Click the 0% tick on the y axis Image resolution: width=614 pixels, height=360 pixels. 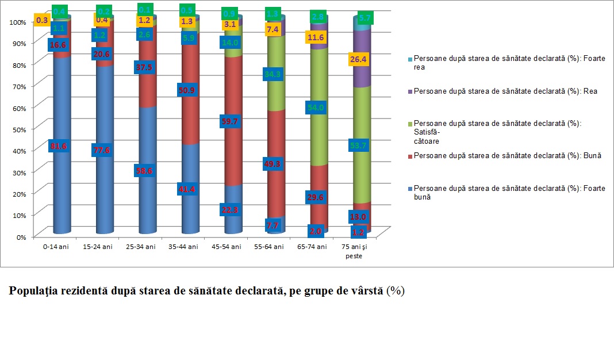[x=21, y=236]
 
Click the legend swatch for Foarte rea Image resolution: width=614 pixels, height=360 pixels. [x=409, y=59]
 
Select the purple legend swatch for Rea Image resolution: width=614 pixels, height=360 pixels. [x=409, y=91]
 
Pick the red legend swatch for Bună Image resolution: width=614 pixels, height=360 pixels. [x=409, y=155]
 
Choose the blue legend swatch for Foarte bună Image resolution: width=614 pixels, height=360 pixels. [x=409, y=188]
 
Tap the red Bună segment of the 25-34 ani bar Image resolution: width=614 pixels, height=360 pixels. [x=148, y=81]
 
